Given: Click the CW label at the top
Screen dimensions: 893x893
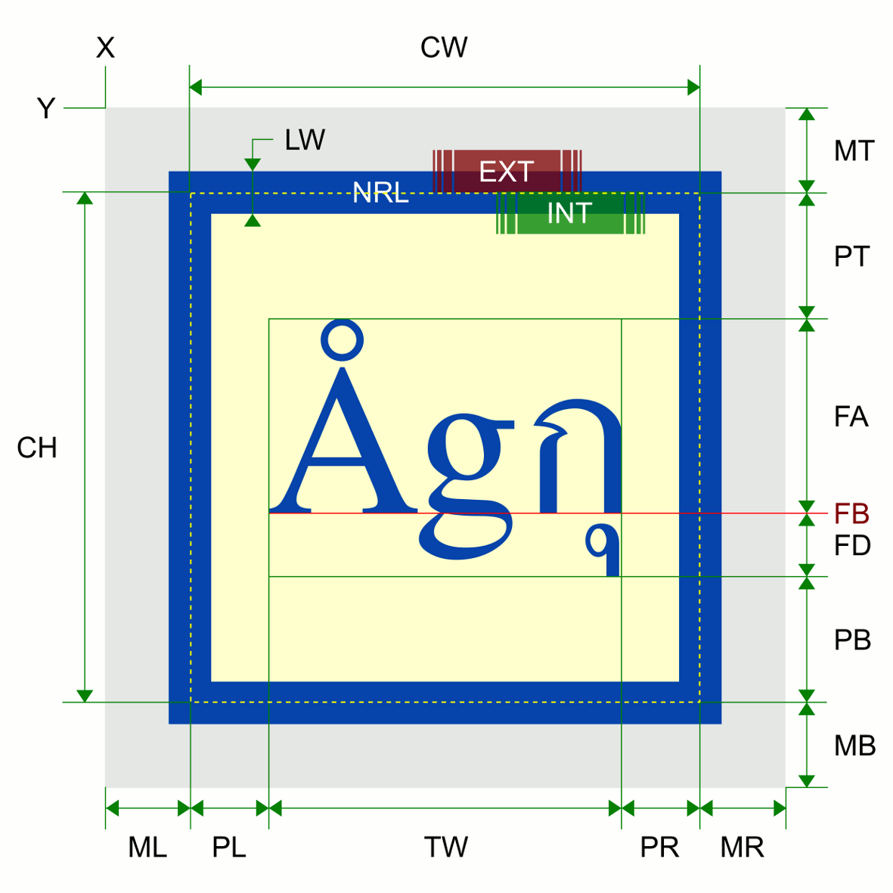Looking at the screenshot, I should [x=444, y=48].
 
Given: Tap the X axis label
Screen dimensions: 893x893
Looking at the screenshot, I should [x=105, y=48].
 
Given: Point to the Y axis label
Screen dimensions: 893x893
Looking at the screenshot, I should [x=46, y=109].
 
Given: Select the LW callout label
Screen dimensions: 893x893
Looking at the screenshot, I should [x=304, y=140].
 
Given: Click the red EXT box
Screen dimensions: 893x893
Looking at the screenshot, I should [x=507, y=172].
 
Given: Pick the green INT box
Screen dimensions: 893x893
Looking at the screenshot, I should [x=569, y=213].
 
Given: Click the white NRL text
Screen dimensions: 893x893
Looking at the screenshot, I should [x=380, y=193].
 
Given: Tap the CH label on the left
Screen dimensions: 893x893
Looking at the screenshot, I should [x=37, y=448].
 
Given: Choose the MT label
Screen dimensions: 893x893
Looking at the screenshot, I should [x=854, y=151].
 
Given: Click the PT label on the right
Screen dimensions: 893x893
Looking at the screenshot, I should [x=852, y=257].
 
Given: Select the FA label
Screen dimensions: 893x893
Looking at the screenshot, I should [x=851, y=417].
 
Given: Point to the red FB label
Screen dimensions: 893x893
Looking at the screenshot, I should [x=851, y=514].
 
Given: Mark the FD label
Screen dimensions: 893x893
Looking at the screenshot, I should [x=852, y=545].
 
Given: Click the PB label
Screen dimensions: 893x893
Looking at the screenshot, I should [x=852, y=640].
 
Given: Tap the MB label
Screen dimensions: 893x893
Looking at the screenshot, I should [x=854, y=746].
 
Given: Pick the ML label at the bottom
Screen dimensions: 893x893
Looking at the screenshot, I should [x=147, y=848].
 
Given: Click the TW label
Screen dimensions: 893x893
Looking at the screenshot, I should [x=445, y=848].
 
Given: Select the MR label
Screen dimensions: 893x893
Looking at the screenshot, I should [x=742, y=848].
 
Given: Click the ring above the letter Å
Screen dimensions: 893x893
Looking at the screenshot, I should [x=342, y=340].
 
